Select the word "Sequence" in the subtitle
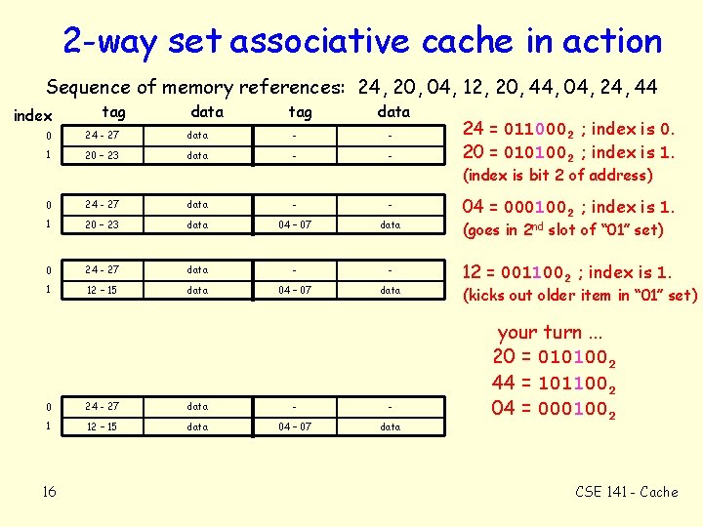(x=90, y=86)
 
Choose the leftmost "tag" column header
(x=113, y=112)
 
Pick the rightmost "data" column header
(x=393, y=111)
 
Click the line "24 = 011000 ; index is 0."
(x=568, y=128)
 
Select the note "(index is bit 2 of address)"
(x=557, y=176)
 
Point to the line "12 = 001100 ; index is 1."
(x=568, y=272)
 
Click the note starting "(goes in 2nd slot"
(x=562, y=230)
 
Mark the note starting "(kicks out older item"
(x=580, y=295)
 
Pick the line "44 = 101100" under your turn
(x=554, y=384)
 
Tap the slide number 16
(x=49, y=491)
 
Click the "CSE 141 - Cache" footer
(x=625, y=492)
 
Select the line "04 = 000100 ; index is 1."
(x=568, y=207)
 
